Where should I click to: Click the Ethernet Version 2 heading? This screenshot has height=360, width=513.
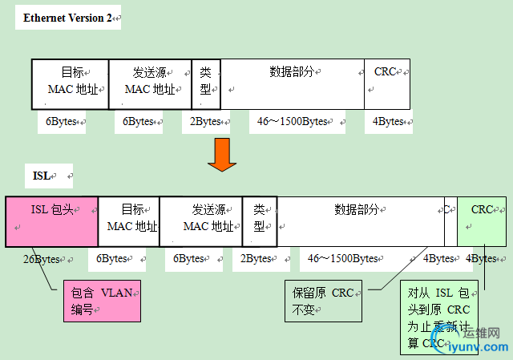(67, 18)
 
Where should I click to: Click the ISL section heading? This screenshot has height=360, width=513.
(41, 175)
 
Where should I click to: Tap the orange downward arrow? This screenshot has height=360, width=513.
(222, 154)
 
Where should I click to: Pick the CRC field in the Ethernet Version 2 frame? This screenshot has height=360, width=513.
(387, 83)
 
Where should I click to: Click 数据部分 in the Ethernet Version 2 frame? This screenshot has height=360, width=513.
(292, 83)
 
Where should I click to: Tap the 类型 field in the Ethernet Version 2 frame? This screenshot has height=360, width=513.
(206, 83)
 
